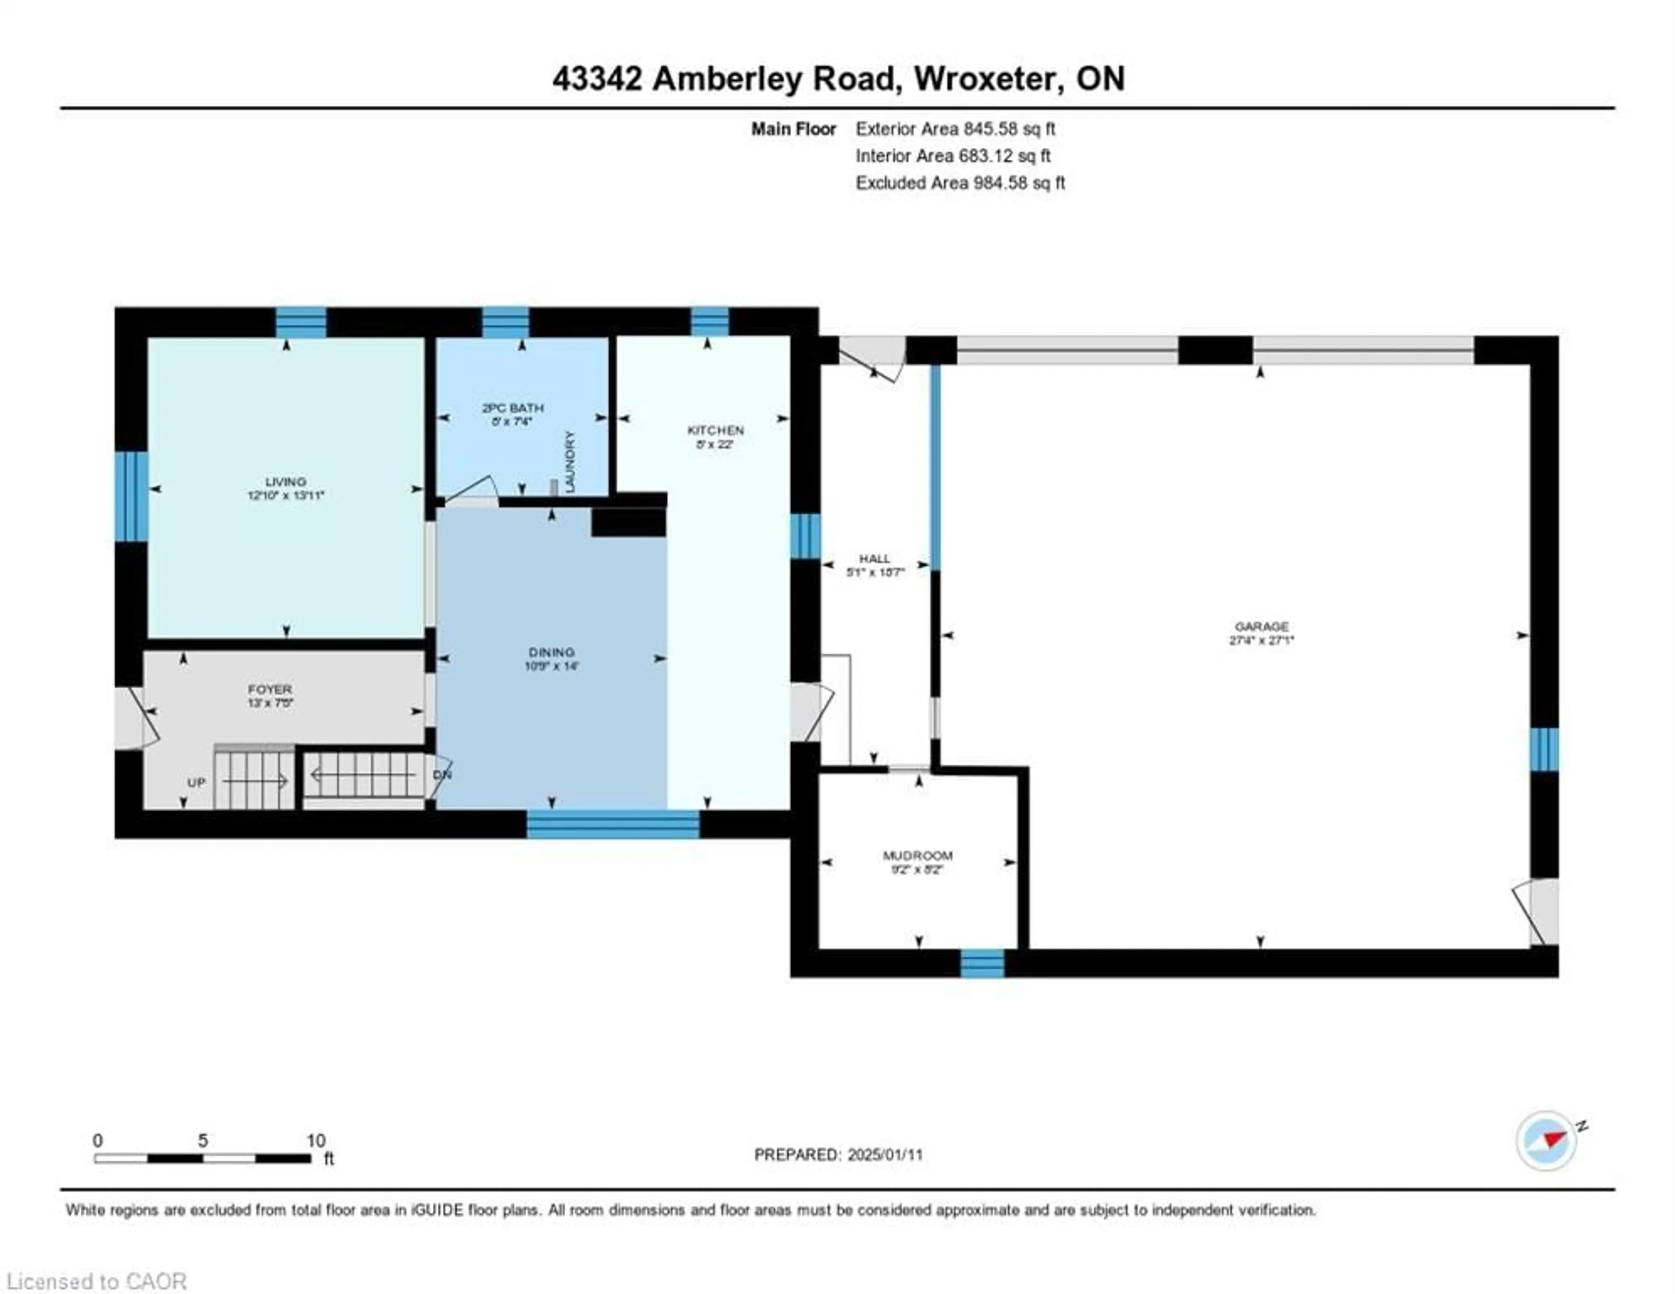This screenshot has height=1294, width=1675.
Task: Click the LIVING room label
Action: (285, 481)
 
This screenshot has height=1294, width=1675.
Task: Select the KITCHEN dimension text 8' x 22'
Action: (715, 444)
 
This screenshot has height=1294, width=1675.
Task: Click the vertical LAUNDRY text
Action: (570, 462)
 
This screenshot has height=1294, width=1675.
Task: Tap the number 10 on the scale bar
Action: (316, 1140)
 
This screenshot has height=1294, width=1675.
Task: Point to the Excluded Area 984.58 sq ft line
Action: (960, 183)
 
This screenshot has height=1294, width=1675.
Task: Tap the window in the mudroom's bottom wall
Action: (982, 963)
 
